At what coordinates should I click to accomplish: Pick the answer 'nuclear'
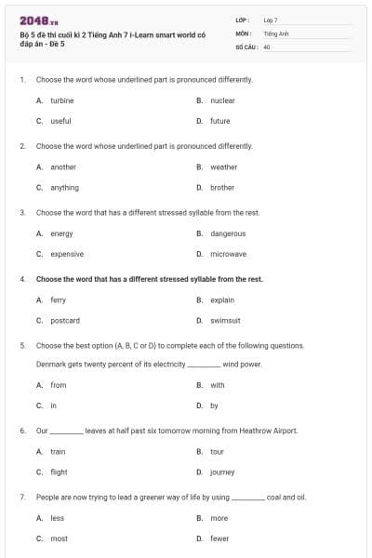point(222,100)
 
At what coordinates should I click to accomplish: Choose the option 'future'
point(220,121)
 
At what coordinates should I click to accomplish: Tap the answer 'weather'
point(223,167)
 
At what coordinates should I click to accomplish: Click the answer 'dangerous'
point(228,233)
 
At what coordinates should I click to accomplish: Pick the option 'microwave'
point(228,254)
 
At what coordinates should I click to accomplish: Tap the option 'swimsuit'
point(225,321)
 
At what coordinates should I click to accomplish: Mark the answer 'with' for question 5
point(217,385)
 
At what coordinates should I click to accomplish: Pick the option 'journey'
point(222,472)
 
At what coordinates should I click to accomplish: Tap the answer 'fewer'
point(219,538)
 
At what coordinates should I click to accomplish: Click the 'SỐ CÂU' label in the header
point(245,46)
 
